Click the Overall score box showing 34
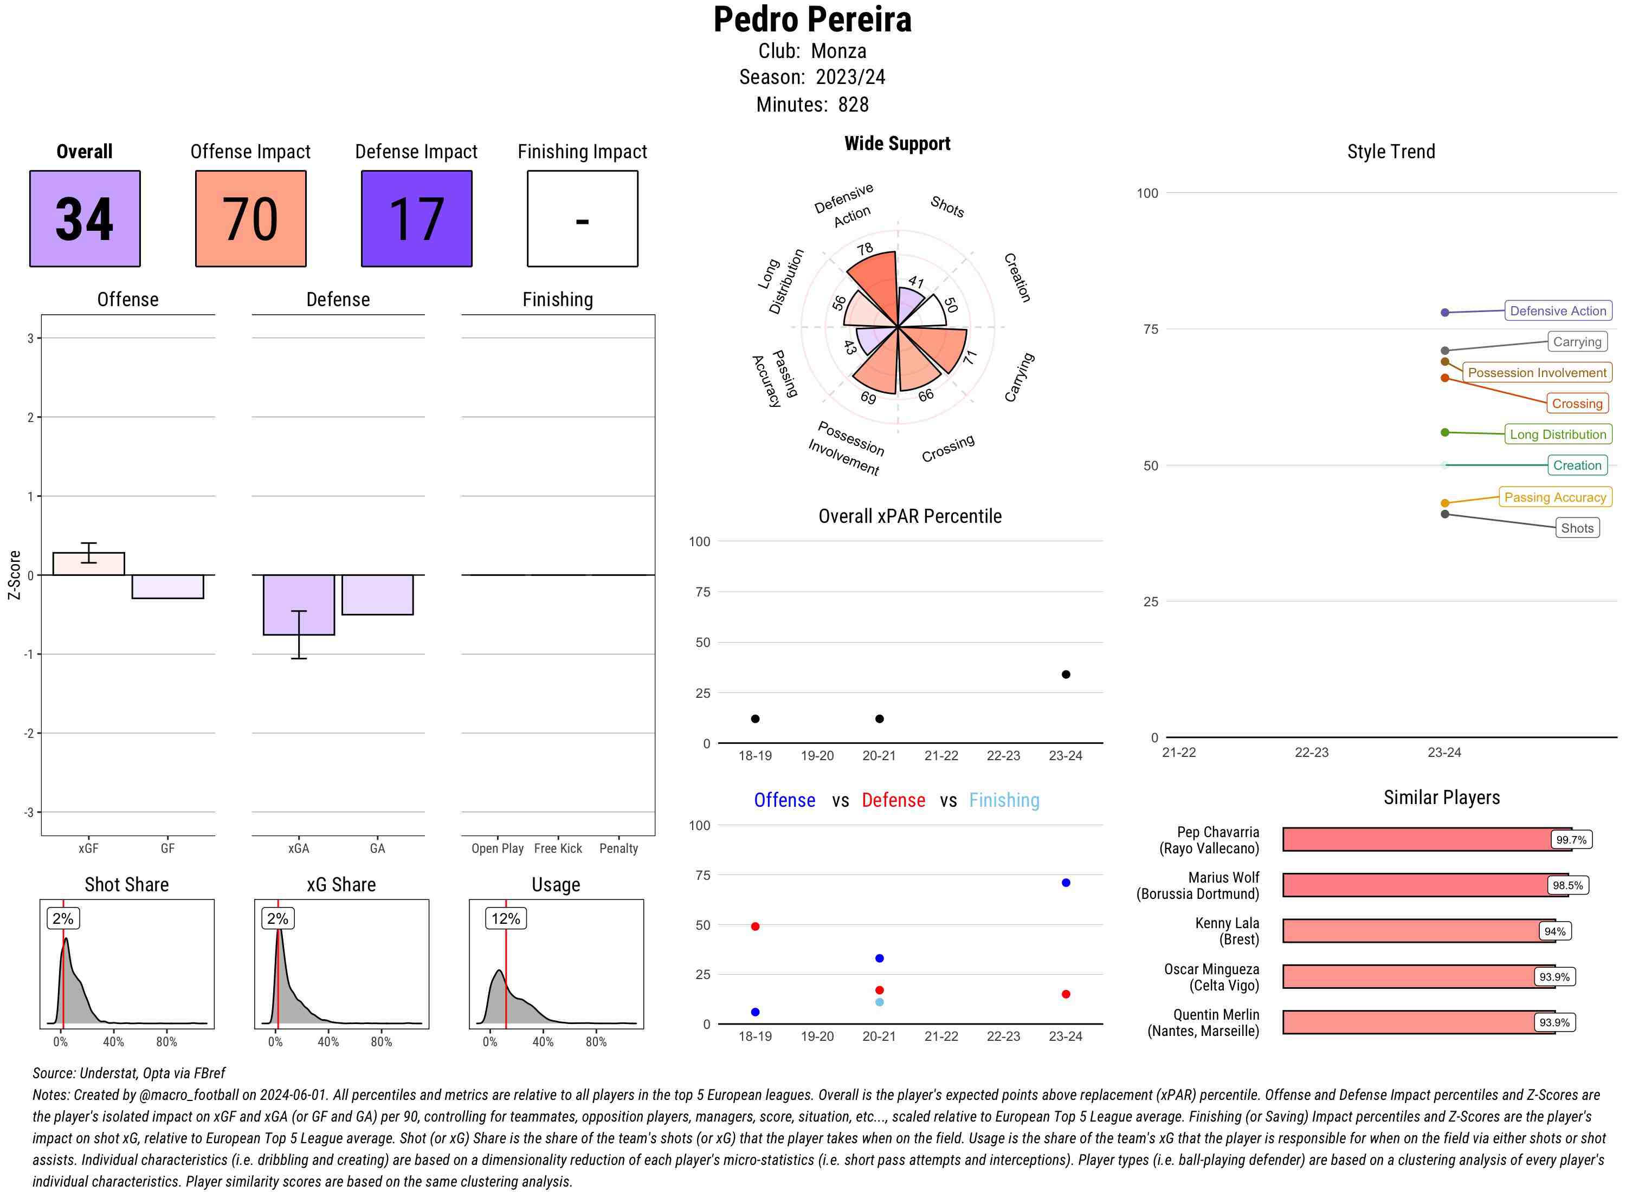(x=85, y=219)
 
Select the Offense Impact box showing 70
(x=250, y=219)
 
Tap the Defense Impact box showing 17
(x=416, y=219)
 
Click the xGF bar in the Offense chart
(x=89, y=563)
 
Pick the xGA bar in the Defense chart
(x=299, y=605)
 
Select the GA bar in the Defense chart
(x=377, y=594)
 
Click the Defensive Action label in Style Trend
(x=1558, y=311)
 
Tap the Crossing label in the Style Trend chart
(x=1576, y=403)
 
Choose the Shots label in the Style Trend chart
(x=1576, y=528)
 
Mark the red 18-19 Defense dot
(x=755, y=927)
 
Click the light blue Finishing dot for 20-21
(x=879, y=1002)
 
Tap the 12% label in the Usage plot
(x=505, y=918)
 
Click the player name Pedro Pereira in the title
(x=812, y=20)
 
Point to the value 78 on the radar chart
(x=864, y=249)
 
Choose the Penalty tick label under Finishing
(x=618, y=848)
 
